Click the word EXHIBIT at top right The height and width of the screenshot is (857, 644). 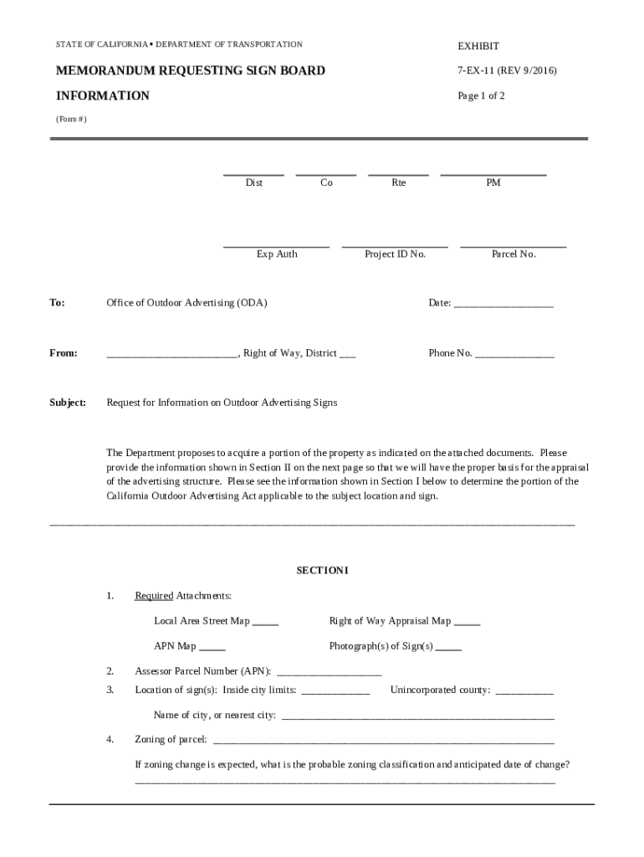coord(478,46)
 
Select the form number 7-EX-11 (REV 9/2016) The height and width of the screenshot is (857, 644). coord(507,71)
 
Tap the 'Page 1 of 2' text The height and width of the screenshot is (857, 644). coord(481,95)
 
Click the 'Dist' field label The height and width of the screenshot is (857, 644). coord(253,182)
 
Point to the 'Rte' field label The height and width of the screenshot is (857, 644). coord(399,182)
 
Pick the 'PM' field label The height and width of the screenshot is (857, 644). coord(493,182)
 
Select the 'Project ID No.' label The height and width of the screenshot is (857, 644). coord(395,254)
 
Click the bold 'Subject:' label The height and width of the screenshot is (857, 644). coord(68,403)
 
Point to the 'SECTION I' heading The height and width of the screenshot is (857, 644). coord(322,571)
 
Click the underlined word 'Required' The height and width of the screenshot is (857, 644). coord(154,596)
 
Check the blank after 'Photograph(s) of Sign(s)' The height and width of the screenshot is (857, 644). coord(448,649)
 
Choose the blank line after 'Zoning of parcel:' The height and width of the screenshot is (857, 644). coord(383,742)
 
